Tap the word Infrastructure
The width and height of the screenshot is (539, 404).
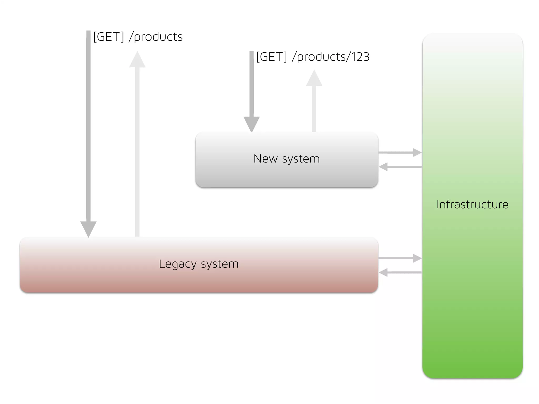point(472,205)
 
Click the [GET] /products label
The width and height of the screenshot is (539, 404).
point(138,37)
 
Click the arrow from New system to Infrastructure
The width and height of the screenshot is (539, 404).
point(400,152)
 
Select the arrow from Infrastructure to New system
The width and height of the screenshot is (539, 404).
point(400,167)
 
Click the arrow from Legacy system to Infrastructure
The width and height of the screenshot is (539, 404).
point(400,258)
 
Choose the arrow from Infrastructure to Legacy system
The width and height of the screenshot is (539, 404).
point(400,272)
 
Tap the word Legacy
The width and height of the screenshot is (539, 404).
point(178,264)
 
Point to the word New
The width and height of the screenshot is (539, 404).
point(265,159)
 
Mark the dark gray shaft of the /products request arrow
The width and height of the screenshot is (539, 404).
point(88,126)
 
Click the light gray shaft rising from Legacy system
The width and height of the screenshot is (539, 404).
point(137,153)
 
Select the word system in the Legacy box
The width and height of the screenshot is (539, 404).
point(220,264)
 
